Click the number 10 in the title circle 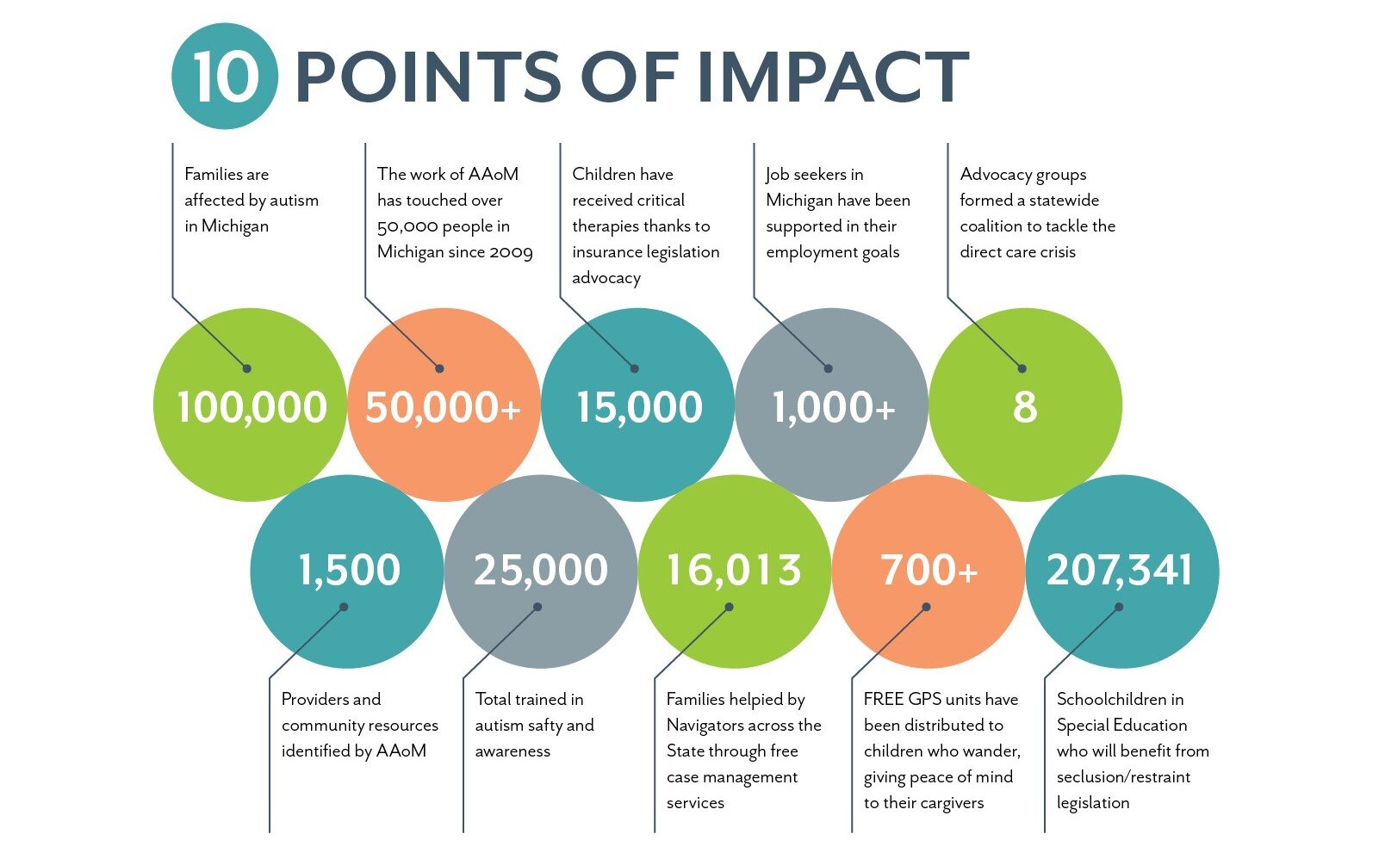pos(225,77)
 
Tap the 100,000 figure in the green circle pos(252,407)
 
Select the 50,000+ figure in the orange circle pos(443,407)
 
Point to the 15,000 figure pos(638,407)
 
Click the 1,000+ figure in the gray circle pos(833,407)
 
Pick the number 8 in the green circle pos(1024,407)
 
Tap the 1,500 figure pos(349,570)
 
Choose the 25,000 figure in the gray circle pos(541,570)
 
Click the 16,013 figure pos(734,570)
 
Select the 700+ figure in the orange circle pos(929,570)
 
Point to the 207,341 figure pos(1120,570)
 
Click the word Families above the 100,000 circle pos(214,175)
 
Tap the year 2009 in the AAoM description pos(511,252)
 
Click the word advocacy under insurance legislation pos(606,278)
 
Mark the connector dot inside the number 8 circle pos(1022,368)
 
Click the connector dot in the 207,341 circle pos(1119,607)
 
